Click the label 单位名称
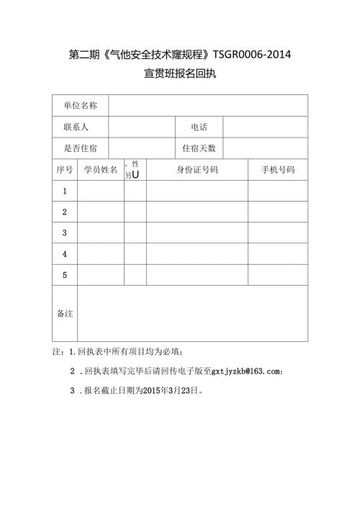(80, 106)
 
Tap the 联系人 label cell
(76, 127)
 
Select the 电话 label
(199, 127)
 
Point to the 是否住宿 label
(80, 148)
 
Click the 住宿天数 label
(199, 148)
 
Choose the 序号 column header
(65, 170)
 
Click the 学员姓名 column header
(101, 170)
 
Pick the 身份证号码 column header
(197, 170)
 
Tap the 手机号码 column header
(277, 170)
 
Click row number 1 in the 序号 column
(65, 191)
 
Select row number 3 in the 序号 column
(65, 233)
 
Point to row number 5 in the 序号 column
(65, 275)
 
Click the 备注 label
(65, 313)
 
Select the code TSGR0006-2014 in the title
(252, 55)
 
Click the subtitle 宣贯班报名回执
(179, 73)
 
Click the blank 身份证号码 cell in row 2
(197, 212)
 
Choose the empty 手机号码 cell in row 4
(277, 254)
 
